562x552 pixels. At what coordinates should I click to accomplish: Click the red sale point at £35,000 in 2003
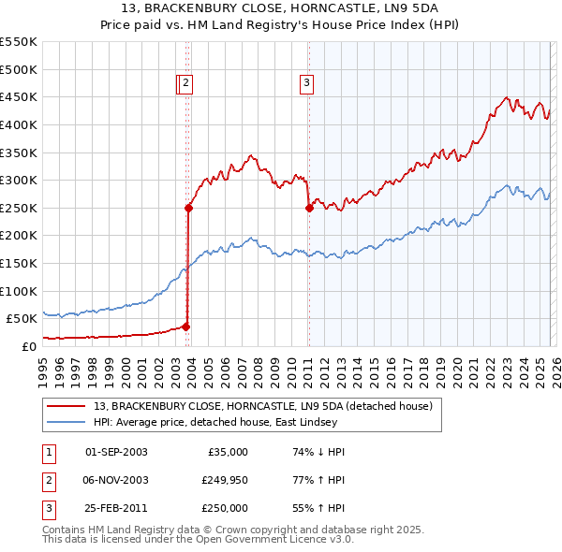(185, 327)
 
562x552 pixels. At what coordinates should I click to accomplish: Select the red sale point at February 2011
(309, 209)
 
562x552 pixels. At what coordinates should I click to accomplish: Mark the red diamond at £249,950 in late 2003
(188, 209)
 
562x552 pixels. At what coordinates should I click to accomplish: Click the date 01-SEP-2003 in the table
(116, 452)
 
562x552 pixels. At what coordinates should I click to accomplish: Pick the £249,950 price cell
(224, 481)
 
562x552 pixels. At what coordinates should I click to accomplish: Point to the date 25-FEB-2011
(116, 510)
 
